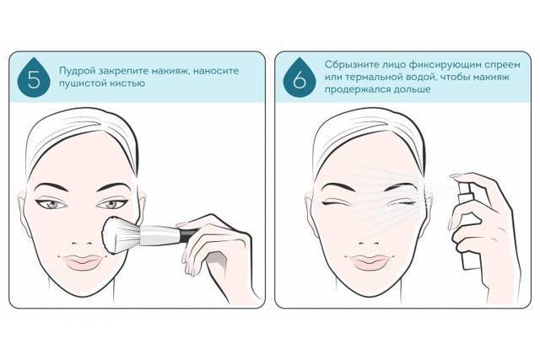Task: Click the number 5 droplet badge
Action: pos(34,79)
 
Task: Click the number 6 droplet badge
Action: pos(300,79)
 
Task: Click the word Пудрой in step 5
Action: pos(77,72)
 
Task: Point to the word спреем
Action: pos(502,65)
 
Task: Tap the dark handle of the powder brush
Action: pos(189,234)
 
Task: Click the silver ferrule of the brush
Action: pos(159,235)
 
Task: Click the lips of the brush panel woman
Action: pos(83,262)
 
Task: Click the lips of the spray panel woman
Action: pos(370,262)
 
